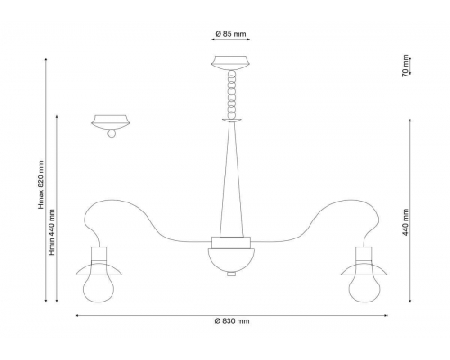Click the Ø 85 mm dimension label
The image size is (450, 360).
tap(230, 34)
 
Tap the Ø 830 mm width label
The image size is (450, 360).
tap(232, 321)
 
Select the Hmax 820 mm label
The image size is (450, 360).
tap(41, 184)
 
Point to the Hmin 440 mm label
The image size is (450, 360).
tap(52, 232)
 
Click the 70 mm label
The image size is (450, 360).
tap(405, 66)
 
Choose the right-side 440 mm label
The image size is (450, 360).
tap(406, 222)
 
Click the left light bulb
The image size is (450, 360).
tap(99, 286)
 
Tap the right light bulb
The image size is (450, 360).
tap(364, 286)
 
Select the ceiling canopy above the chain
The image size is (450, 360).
tap(230, 63)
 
